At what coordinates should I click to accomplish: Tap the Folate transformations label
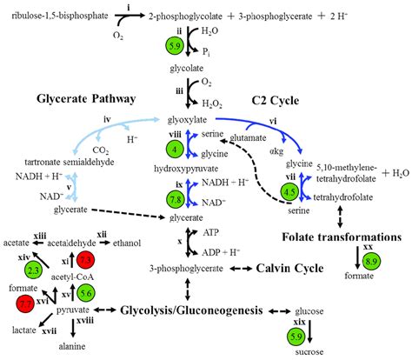[x=339, y=236]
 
